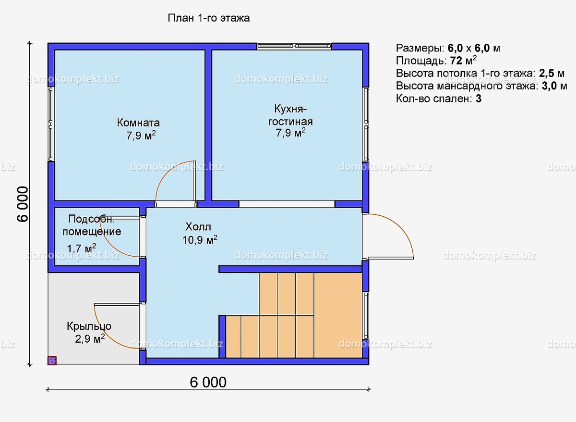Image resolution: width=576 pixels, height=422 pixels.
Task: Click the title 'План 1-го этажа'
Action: (208, 18)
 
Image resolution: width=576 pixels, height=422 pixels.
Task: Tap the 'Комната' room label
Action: (138, 123)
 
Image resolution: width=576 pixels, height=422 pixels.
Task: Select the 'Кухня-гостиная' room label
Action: (290, 115)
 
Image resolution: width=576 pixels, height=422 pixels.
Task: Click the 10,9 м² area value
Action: (200, 240)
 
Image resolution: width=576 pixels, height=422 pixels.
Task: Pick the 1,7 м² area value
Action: (82, 248)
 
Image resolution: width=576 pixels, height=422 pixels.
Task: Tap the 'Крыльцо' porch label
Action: (89, 326)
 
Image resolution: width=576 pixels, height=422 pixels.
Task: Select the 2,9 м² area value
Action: (90, 339)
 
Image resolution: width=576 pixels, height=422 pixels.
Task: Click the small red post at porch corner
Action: (52, 360)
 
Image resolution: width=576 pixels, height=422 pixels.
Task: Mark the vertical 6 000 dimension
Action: (23, 204)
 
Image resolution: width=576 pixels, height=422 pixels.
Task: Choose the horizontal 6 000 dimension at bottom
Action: (208, 383)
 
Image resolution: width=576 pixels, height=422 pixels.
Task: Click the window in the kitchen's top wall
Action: (294, 46)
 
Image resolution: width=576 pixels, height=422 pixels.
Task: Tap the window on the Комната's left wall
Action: (51, 124)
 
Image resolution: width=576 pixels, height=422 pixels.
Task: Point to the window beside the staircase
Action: (366, 315)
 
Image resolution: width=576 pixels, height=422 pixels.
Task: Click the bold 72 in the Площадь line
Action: (456, 61)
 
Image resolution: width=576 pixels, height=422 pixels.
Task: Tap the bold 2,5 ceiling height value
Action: (546, 74)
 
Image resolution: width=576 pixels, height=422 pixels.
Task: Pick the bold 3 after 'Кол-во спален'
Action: (479, 99)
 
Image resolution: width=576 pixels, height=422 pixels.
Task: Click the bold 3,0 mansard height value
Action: (549, 86)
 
